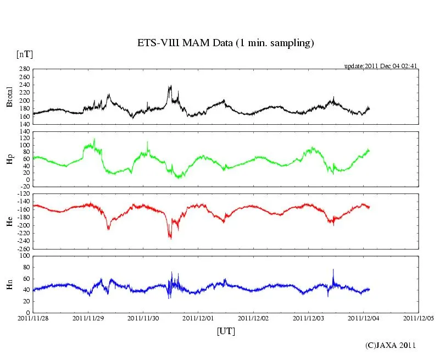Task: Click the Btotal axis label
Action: [9, 97]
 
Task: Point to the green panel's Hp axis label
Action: [9, 159]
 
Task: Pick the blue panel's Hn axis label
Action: [9, 284]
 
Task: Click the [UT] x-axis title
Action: [226, 331]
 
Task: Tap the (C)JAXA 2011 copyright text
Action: [391, 345]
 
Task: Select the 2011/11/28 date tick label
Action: [33, 318]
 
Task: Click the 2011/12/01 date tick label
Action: [198, 318]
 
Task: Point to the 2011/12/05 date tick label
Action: [419, 318]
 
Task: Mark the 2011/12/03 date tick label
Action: [309, 318]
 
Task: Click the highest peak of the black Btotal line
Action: [170, 86]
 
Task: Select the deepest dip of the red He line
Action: [170, 238]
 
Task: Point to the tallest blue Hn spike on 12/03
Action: [333, 269]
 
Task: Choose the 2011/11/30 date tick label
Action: [143, 318]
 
